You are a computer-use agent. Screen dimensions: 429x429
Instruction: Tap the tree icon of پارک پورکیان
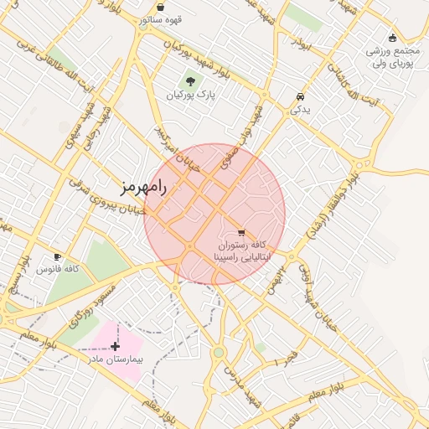[190, 81]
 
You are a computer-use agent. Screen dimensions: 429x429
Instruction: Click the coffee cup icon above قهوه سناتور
[160, 7]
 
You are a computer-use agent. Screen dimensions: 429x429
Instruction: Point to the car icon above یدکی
[301, 96]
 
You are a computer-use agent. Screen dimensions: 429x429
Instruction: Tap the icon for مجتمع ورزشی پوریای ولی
[392, 37]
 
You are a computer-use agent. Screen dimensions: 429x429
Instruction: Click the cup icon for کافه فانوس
[57, 256]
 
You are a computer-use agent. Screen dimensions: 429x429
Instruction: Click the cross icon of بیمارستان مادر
[115, 345]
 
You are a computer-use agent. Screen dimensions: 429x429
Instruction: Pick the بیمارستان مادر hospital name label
[116, 359]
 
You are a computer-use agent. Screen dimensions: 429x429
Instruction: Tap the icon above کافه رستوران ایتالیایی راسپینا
[241, 232]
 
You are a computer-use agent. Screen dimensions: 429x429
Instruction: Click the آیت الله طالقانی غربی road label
[25, 63]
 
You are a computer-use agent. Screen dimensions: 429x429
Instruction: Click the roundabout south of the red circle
[219, 352]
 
